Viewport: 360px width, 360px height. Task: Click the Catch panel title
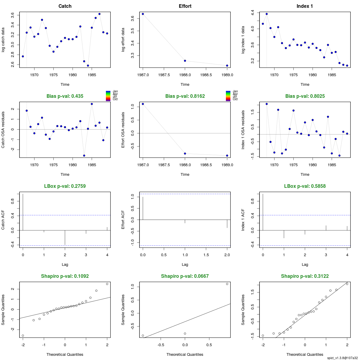click(65, 6)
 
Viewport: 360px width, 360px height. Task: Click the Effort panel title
click(185, 6)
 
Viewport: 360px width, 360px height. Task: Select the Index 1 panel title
click(305, 6)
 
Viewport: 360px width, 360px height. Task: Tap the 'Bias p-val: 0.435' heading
click(65, 96)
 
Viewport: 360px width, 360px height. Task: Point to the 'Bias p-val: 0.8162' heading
click(185, 96)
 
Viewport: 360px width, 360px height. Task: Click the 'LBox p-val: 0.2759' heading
click(65, 186)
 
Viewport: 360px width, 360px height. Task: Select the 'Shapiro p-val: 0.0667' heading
click(185, 276)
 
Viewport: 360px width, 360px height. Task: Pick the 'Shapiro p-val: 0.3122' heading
click(305, 276)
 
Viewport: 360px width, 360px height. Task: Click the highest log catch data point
click(99, 14)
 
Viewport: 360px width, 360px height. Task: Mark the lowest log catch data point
click(88, 65)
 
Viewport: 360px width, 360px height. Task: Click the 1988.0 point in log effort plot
click(185, 61)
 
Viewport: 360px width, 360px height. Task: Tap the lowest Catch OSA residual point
click(84, 155)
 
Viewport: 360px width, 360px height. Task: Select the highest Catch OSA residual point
click(92, 104)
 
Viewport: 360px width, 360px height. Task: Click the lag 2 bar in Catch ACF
click(65, 238)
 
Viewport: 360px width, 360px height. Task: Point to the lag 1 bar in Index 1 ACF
click(284, 234)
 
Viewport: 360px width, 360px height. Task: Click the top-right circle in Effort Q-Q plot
click(227, 284)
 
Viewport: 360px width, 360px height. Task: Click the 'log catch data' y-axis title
click(3, 40)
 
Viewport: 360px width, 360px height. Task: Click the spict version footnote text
click(342, 358)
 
